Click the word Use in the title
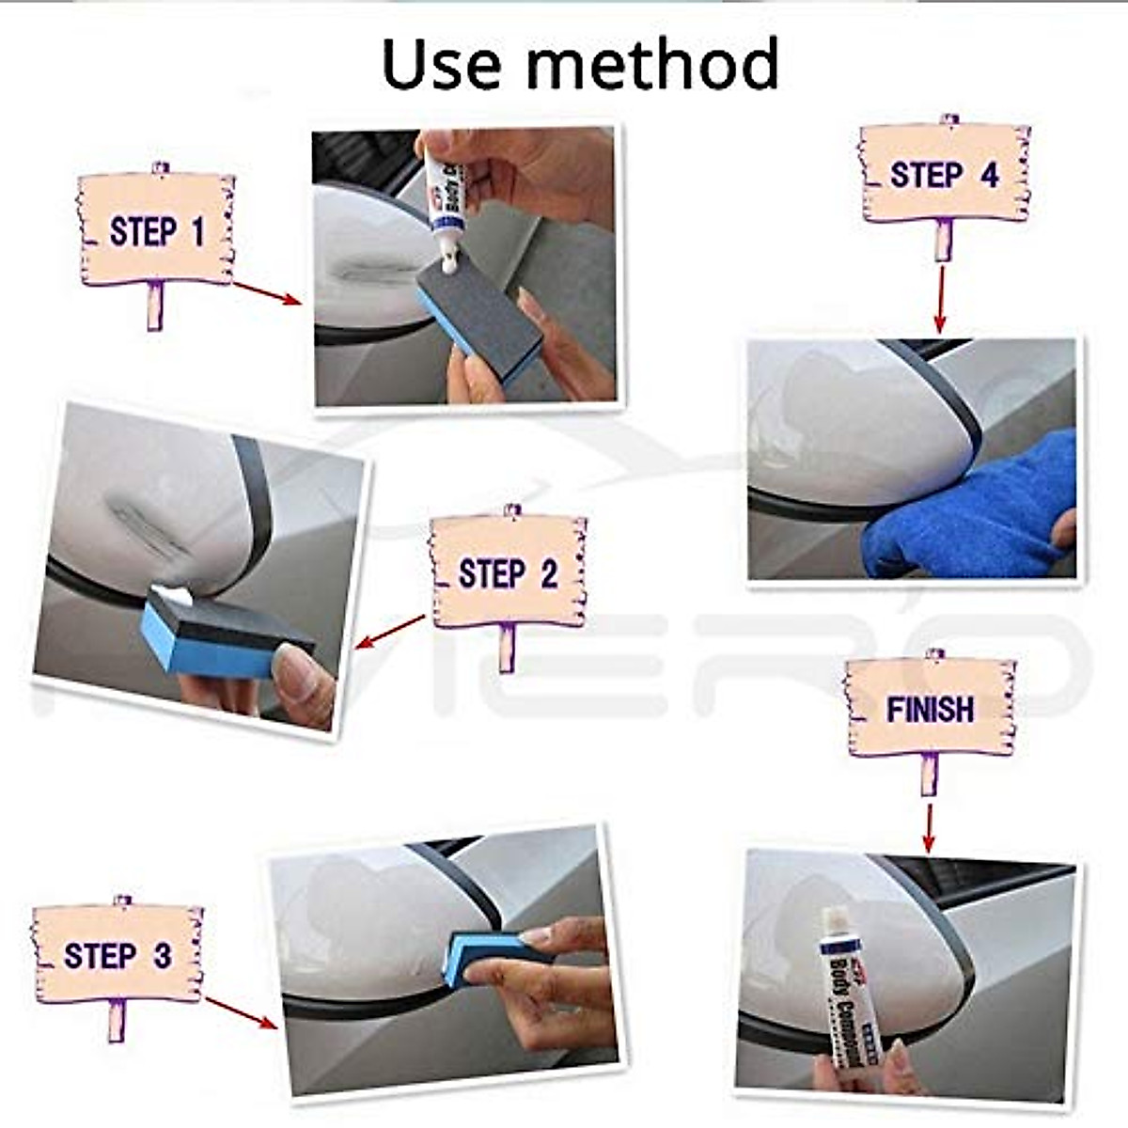coord(443,63)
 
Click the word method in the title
coord(652,63)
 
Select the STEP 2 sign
coord(509,573)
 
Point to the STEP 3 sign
coord(117,955)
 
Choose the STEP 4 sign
coord(944,175)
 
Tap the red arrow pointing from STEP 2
coord(391,631)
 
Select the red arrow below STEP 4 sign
coord(940,298)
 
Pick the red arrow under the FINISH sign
coord(929,826)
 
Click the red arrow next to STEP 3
coord(241,1012)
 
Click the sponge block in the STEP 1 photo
coord(479,315)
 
